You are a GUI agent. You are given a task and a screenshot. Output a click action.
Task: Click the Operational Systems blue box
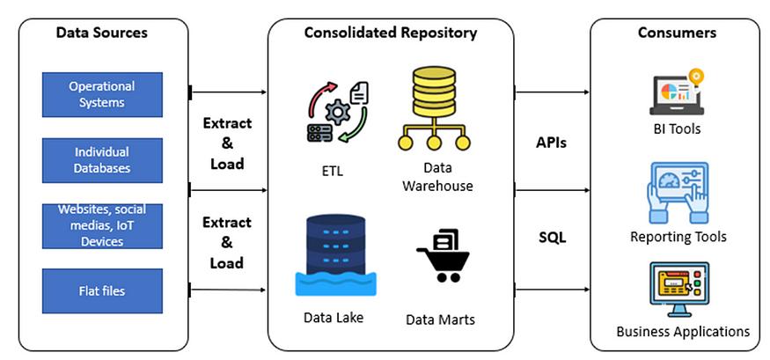click(102, 95)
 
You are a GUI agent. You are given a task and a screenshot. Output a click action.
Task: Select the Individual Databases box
click(102, 160)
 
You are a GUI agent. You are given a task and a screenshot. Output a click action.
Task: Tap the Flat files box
click(102, 290)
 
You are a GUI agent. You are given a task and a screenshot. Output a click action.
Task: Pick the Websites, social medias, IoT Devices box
click(102, 226)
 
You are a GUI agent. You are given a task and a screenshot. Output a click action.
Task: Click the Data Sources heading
click(102, 33)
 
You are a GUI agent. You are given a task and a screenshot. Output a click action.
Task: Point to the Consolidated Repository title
click(391, 33)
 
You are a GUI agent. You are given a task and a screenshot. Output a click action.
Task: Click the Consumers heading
click(677, 33)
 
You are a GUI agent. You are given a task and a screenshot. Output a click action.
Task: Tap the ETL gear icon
click(337, 113)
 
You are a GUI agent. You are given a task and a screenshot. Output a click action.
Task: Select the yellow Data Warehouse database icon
click(434, 108)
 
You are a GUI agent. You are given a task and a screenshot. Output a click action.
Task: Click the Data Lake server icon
click(335, 256)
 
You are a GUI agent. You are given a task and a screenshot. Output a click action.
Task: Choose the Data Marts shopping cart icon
click(443, 255)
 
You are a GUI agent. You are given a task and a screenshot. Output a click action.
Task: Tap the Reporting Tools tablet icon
click(678, 193)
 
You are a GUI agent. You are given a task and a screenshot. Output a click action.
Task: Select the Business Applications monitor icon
click(679, 290)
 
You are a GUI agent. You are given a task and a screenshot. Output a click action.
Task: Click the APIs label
click(551, 143)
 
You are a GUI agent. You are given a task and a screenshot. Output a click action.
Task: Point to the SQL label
click(552, 238)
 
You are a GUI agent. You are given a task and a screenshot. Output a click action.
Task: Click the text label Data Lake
click(334, 317)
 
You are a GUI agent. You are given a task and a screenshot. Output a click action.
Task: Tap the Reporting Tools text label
click(678, 237)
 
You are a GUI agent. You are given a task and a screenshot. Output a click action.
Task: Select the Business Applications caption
click(683, 331)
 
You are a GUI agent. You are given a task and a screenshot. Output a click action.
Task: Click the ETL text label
click(333, 172)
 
